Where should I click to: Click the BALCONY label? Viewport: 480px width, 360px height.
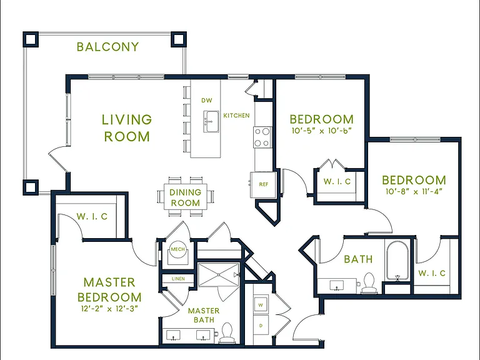coord(107,47)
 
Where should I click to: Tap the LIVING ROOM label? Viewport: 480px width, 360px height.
coord(127,128)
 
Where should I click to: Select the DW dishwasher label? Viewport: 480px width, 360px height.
coord(207,101)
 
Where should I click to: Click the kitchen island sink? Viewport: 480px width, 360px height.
coord(211,122)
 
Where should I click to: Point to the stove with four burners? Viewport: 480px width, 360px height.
coord(262,137)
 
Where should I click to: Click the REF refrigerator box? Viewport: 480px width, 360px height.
coord(263,184)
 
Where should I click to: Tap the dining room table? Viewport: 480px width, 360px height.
coord(186,196)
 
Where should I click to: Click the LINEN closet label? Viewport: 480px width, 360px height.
coord(178,279)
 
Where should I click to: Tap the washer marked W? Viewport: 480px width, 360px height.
coord(261,305)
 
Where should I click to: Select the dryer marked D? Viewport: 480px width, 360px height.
coord(261,326)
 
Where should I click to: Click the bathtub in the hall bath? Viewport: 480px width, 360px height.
coord(397,261)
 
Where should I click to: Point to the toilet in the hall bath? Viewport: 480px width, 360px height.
coord(368,283)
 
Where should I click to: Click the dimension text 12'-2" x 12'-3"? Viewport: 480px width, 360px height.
coord(109,309)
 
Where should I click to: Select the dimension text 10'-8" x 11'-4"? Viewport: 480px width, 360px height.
coord(414,192)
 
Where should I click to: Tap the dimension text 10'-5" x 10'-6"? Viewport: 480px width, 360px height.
coord(321,131)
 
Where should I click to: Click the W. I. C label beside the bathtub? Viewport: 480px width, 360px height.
coord(432,273)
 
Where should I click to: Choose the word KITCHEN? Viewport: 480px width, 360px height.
coord(236,116)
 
